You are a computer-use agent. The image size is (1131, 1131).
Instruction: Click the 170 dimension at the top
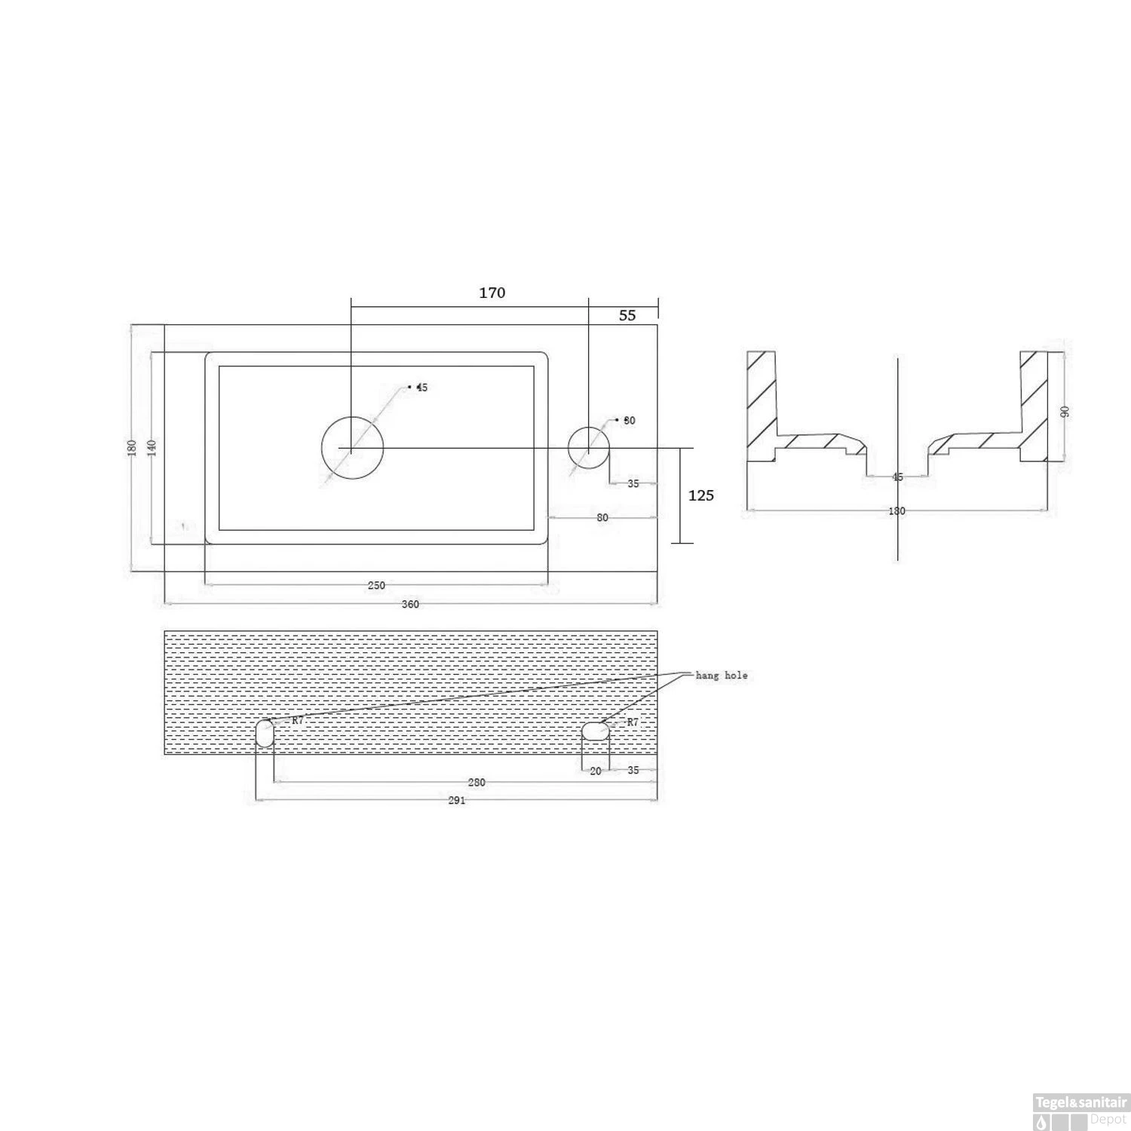(x=492, y=293)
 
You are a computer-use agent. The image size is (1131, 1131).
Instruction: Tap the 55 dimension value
(x=627, y=315)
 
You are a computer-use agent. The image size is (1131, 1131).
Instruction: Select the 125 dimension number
(x=701, y=495)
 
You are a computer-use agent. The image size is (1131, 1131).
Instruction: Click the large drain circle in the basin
(x=352, y=448)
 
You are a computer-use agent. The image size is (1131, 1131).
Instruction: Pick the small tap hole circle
(x=588, y=448)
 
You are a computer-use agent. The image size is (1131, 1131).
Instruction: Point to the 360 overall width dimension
(x=410, y=604)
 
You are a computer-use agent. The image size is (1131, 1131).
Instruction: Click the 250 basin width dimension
(x=376, y=585)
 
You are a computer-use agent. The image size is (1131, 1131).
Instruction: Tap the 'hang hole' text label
(x=722, y=675)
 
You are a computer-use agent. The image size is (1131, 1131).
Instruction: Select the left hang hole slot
(x=264, y=734)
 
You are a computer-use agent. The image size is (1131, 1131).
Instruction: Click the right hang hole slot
(x=596, y=731)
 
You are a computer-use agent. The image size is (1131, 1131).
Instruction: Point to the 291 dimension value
(x=457, y=800)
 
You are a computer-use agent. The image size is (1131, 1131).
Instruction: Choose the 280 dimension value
(x=476, y=783)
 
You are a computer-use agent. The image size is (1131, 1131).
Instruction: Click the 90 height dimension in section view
(x=1065, y=411)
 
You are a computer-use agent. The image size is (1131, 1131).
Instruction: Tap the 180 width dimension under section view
(x=897, y=511)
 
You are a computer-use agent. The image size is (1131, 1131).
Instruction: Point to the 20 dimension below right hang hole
(x=596, y=771)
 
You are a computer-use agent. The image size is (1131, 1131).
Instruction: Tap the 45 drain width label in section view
(x=897, y=477)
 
